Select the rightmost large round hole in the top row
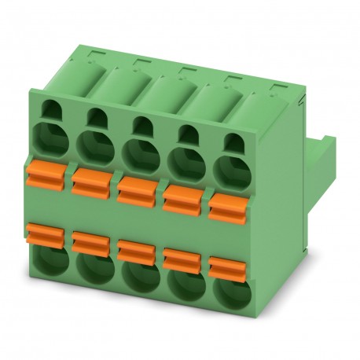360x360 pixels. point(230,167)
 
